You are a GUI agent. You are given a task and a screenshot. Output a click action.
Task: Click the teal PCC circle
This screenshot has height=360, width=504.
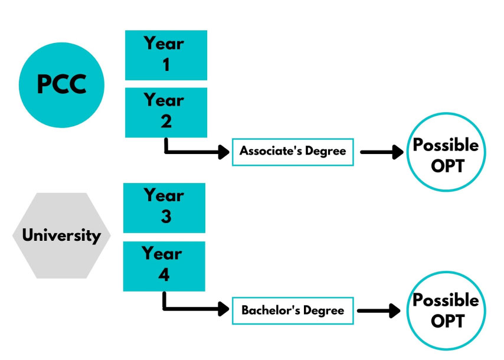[61, 84]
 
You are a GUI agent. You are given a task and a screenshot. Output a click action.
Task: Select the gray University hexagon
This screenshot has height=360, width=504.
[61, 235]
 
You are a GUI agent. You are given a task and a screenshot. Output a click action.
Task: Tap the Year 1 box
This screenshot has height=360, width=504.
[166, 55]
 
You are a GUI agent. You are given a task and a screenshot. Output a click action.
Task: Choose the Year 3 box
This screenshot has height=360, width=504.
[164, 207]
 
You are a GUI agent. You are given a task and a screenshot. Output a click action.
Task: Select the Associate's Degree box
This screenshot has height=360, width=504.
[293, 152]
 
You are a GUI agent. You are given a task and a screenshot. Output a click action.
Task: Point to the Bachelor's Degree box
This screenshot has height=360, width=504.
[293, 310]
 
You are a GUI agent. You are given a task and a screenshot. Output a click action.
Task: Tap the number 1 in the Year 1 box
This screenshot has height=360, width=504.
[166, 65]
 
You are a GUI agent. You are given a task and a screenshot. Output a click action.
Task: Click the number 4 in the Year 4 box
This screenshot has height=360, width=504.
[164, 275]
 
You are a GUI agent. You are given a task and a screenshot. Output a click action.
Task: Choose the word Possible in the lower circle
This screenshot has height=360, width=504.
[446, 300]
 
